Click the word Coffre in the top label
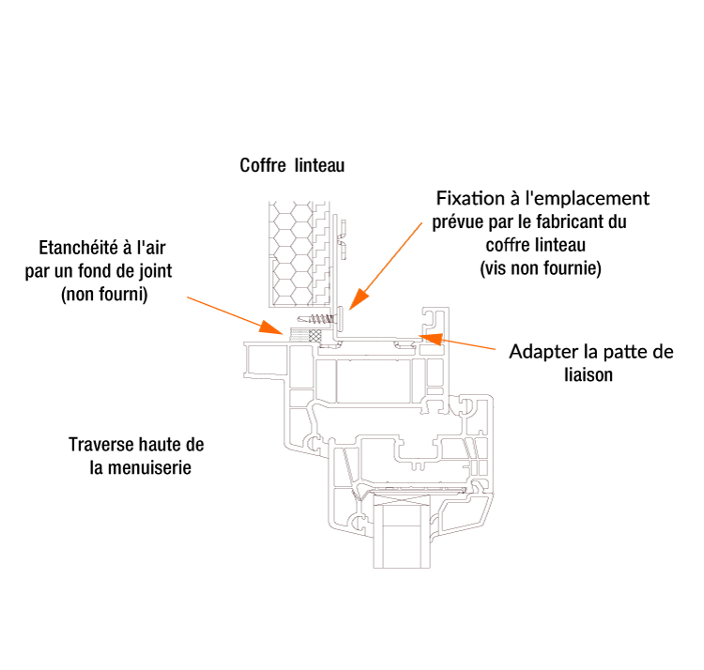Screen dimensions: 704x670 tap(263, 165)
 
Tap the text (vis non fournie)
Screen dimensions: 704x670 tap(541, 268)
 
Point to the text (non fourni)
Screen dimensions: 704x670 tap(104, 295)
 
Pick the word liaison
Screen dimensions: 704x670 tap(589, 374)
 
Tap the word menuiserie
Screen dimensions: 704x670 tap(149, 467)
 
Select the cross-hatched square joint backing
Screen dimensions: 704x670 tap(315, 336)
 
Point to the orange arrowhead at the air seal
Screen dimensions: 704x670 tap(271, 327)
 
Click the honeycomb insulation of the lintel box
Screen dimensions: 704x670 tap(291, 254)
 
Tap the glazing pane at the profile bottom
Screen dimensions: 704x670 tap(402, 531)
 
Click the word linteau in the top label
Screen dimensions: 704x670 tap(320, 165)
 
